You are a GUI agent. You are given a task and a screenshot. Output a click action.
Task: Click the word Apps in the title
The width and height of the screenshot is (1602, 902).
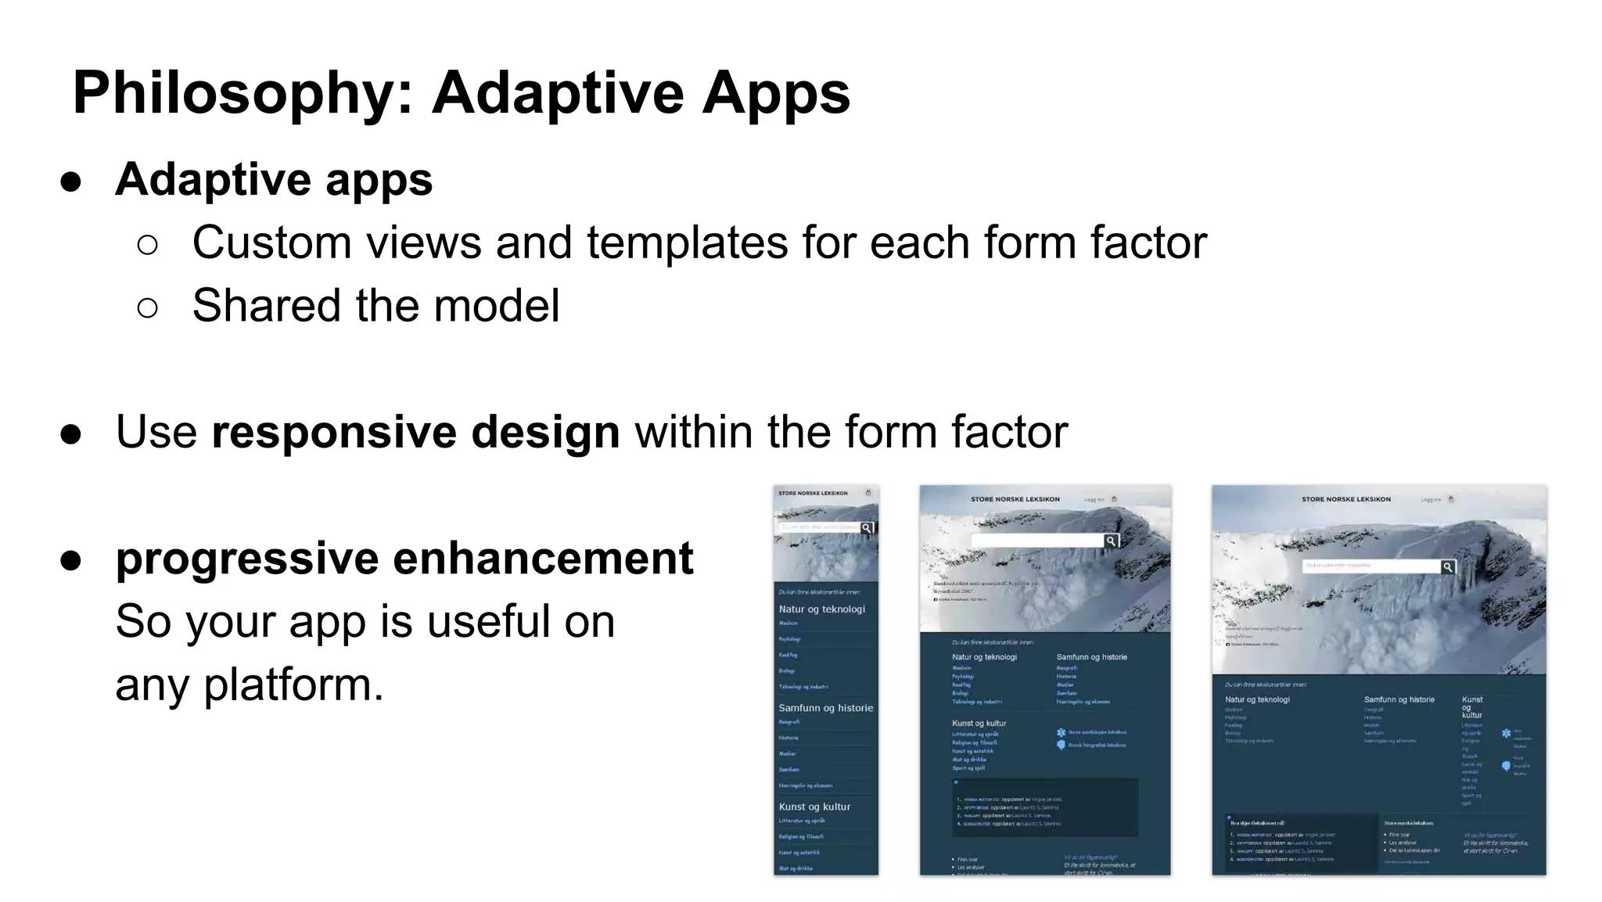tap(775, 94)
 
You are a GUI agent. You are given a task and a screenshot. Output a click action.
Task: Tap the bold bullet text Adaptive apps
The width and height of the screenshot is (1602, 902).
tap(274, 180)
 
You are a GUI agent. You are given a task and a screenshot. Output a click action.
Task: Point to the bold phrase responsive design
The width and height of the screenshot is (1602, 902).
tap(415, 432)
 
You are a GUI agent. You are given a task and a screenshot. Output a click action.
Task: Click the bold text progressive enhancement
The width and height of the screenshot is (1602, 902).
tap(404, 559)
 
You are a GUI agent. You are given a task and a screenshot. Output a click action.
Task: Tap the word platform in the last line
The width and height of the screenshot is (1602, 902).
tap(293, 685)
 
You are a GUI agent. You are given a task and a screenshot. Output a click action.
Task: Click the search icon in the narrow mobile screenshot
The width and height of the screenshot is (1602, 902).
tap(867, 528)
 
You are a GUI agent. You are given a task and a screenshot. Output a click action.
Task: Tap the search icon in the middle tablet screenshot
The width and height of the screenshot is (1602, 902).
tap(1111, 541)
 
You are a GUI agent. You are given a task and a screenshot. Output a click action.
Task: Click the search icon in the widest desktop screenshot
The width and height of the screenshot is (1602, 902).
tap(1448, 567)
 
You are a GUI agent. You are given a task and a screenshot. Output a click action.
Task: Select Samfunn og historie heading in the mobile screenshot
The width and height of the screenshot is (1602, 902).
tap(825, 708)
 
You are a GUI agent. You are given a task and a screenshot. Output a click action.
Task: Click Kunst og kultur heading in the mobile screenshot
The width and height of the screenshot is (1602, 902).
tap(814, 807)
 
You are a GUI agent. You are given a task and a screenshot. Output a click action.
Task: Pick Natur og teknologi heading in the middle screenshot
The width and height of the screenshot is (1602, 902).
tap(984, 657)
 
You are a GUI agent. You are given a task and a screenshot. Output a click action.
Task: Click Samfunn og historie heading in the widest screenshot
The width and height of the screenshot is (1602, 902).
tap(1399, 699)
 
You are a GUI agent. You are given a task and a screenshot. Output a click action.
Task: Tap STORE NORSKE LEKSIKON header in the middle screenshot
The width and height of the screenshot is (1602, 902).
tap(1015, 499)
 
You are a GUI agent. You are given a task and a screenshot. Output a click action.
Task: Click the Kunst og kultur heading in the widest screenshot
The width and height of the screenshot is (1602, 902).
tap(1471, 706)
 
